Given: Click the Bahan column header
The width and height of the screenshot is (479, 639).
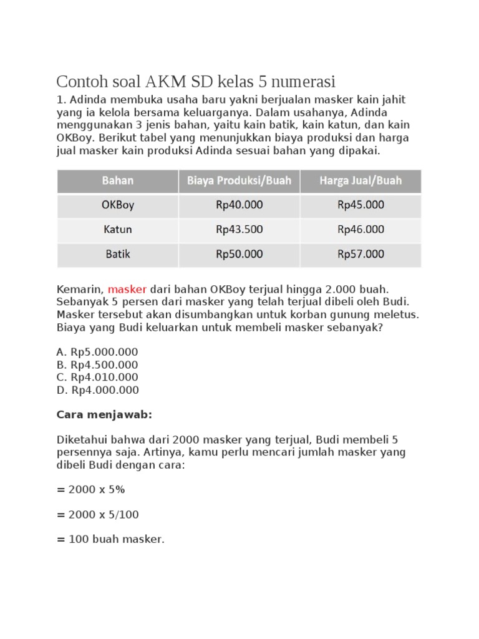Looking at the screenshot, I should coord(118,181).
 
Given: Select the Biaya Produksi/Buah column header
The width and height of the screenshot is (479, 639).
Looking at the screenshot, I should coord(239,181).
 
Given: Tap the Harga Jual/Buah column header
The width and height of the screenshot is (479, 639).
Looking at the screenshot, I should coord(360,181).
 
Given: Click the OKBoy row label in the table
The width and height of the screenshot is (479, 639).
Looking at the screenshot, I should coord(118,205).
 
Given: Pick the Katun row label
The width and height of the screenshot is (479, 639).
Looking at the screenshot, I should coord(118,230).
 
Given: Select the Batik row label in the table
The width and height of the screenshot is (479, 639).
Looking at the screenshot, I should coord(118,255).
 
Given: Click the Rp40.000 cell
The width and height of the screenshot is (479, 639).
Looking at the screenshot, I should coord(239,205).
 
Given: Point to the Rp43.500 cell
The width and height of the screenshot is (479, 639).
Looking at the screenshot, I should coord(239,230).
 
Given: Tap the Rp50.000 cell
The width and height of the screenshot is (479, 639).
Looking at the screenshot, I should coord(239,255).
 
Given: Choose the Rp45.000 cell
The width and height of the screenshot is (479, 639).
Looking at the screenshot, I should coord(360,205).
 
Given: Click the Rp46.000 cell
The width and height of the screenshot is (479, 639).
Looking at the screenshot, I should coord(360,230).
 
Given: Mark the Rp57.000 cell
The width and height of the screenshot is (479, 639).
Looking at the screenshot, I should coord(360,255).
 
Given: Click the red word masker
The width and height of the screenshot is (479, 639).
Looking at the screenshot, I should coord(127,290).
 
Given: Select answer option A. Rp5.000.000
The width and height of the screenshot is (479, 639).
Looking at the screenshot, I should coord(97,352).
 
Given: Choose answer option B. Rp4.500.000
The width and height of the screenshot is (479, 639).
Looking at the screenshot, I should coord(97,364).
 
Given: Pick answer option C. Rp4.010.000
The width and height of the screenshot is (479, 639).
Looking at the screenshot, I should coord(97,377).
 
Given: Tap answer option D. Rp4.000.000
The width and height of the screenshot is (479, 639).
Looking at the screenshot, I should coord(97,390).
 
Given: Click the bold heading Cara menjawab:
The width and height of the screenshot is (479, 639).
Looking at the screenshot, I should coord(104,415).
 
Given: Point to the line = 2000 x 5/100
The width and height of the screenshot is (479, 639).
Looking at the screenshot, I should coord(98,515).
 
